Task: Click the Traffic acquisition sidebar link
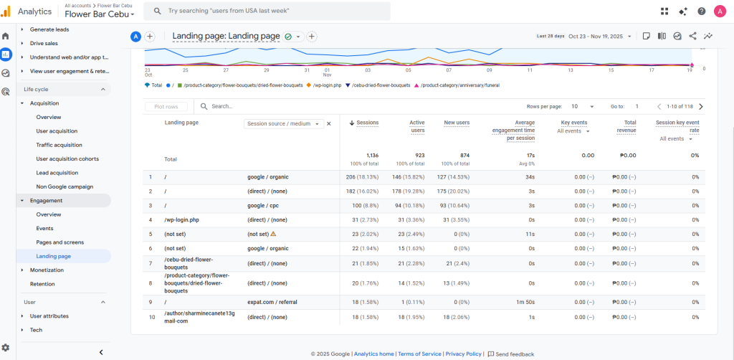click(x=59, y=145)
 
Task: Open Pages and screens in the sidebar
click(x=59, y=242)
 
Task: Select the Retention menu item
click(x=42, y=284)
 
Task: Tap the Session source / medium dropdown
click(x=284, y=123)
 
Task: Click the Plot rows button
click(x=166, y=106)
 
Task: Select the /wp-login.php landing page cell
click(x=182, y=219)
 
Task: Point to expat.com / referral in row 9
click(x=272, y=302)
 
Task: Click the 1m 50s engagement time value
click(x=524, y=302)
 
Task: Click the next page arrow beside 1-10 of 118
click(x=700, y=106)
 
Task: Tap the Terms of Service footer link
click(x=419, y=354)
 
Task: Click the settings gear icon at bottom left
click(x=6, y=347)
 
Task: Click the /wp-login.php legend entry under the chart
click(x=329, y=85)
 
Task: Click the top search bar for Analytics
click(x=272, y=11)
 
